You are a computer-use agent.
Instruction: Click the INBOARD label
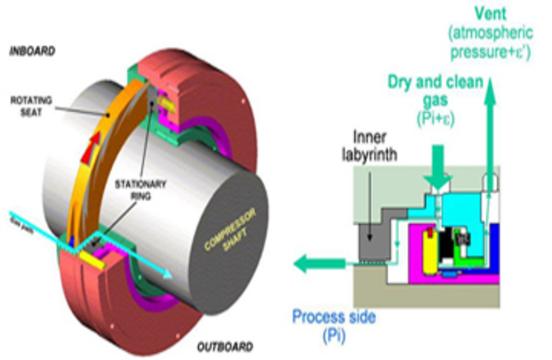tap(32, 51)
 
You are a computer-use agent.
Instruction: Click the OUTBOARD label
tap(225, 346)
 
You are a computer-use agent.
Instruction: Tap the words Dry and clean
tap(435, 83)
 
